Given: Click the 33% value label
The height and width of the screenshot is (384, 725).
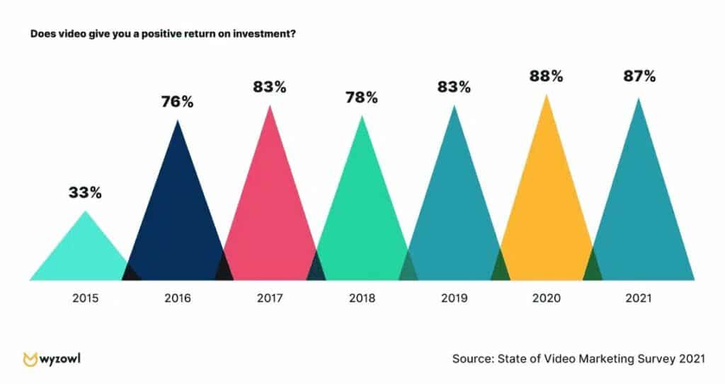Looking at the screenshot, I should (x=85, y=192).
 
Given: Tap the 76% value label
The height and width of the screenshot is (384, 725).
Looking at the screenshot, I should (x=177, y=102).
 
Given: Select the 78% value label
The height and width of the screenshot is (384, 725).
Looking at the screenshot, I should (x=361, y=98).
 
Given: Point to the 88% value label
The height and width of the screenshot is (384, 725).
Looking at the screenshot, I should (x=546, y=76).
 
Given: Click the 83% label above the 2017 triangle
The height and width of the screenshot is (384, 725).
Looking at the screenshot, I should (x=270, y=87).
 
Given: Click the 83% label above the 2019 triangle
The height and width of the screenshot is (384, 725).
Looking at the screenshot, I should (x=454, y=87).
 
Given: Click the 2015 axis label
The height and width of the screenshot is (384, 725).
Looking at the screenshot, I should (x=86, y=298).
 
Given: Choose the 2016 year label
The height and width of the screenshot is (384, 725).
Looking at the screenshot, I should (x=178, y=298).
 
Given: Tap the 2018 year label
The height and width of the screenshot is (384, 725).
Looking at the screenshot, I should (x=362, y=298).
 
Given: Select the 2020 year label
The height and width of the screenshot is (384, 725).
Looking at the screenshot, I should (x=546, y=298).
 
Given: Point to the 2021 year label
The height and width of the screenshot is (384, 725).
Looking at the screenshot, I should (x=638, y=298).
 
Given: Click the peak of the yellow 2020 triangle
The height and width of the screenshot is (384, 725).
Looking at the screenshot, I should (x=546, y=95).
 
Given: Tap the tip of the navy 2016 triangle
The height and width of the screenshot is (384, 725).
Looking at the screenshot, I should (x=178, y=122).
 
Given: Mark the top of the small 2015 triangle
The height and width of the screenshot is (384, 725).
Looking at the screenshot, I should (x=86, y=212).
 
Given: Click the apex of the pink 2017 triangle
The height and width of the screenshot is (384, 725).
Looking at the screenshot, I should (x=270, y=106).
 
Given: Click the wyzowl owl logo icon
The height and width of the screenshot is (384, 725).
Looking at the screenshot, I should (x=30, y=359).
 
